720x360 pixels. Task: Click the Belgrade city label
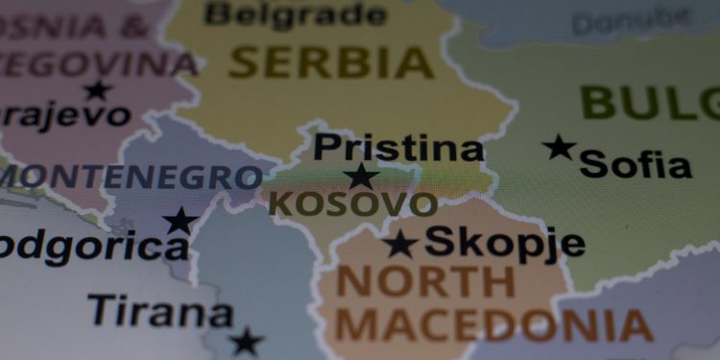coord(295,14)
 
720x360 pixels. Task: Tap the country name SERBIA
coord(332,62)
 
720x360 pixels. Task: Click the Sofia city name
coord(636,164)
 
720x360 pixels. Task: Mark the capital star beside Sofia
coord(559,148)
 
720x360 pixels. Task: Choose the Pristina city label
coord(398,149)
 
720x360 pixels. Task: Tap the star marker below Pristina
coord(361,176)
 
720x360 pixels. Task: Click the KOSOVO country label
coord(352,204)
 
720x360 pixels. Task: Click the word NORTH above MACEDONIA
coord(426,281)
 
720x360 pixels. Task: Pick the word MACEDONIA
coord(493,326)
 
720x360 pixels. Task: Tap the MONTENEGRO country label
coord(131,177)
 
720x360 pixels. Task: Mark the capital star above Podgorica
coord(180,221)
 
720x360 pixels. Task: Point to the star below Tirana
coord(246,340)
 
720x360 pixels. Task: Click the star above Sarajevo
coord(97,90)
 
